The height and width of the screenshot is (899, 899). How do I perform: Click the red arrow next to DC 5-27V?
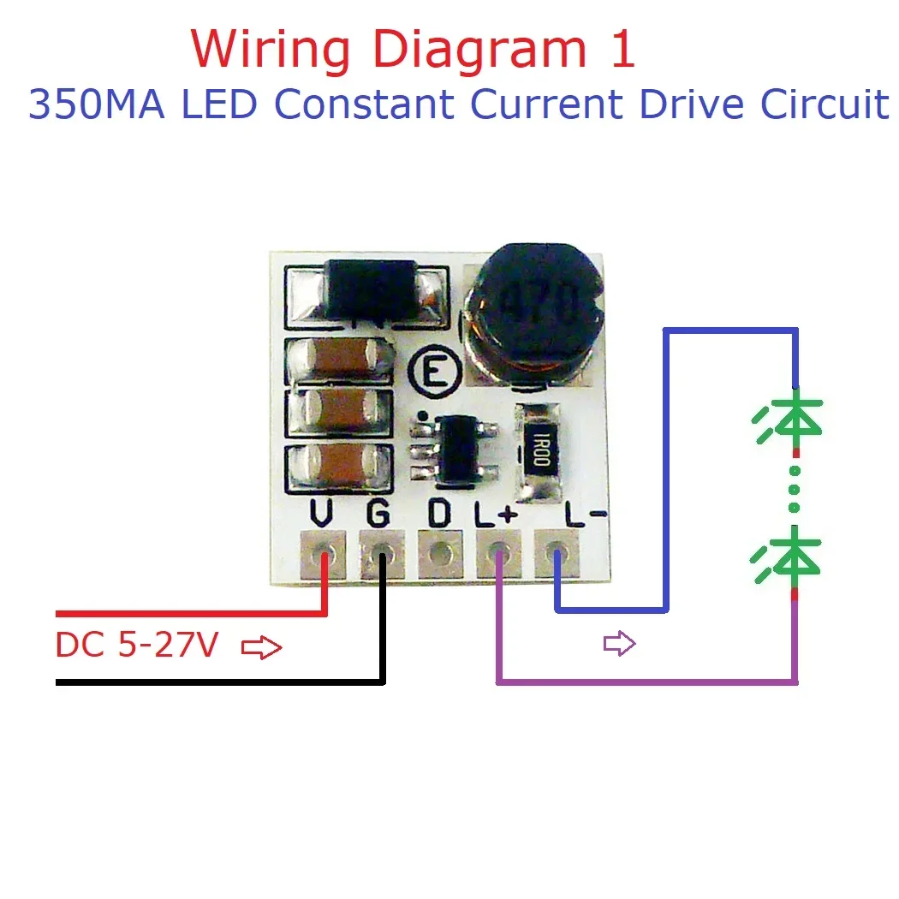coord(261,648)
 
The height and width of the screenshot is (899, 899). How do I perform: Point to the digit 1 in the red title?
coord(622,50)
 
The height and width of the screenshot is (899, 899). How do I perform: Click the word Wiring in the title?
coord(269,51)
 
